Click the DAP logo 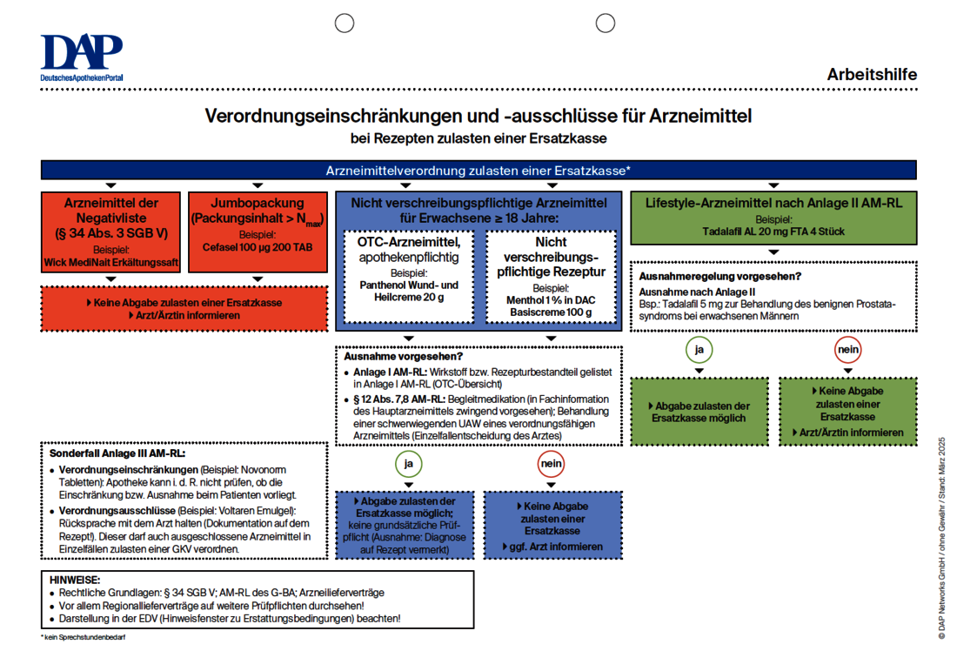point(82,57)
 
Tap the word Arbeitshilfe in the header point(872,75)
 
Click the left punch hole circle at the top point(345,23)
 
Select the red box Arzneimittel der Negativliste point(110,230)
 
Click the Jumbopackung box point(258,230)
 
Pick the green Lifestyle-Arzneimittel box point(773,218)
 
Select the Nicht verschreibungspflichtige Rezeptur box point(551,277)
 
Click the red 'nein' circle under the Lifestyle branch point(847,351)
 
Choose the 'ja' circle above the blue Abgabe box point(409,464)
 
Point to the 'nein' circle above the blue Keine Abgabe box point(551,464)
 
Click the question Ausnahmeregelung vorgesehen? point(720,277)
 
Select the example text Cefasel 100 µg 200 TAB point(258,247)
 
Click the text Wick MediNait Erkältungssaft point(110,261)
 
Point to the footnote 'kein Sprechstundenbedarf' point(84,638)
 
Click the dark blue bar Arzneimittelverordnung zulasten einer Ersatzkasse point(478,171)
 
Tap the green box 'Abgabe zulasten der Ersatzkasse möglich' point(699,412)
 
